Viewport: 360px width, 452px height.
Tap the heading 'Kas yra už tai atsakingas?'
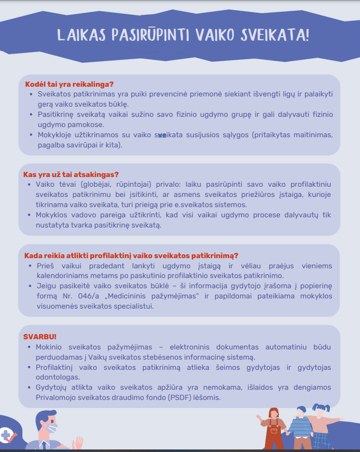click(x=71, y=174)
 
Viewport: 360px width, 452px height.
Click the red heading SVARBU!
click(x=40, y=337)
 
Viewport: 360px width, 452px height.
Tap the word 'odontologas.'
click(x=57, y=377)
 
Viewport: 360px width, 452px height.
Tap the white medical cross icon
click(x=7, y=435)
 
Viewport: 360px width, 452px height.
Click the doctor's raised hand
click(x=78, y=442)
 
